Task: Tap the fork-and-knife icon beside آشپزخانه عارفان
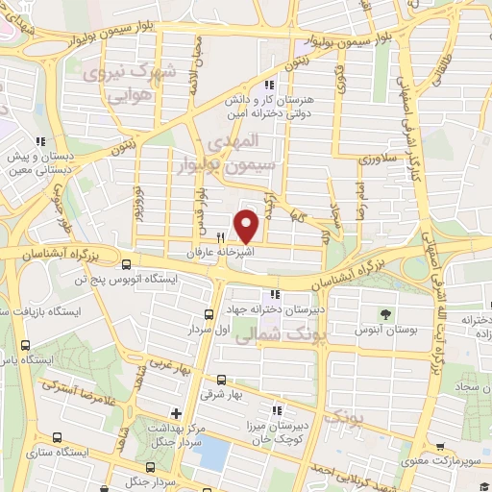click(221, 237)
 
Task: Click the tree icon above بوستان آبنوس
click(385, 314)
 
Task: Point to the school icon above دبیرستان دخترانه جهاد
click(276, 295)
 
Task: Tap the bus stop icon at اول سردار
click(209, 315)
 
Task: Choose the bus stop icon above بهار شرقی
click(221, 380)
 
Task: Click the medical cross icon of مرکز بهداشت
click(174, 413)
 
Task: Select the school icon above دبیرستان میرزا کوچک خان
click(278, 410)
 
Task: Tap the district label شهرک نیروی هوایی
click(114, 82)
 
